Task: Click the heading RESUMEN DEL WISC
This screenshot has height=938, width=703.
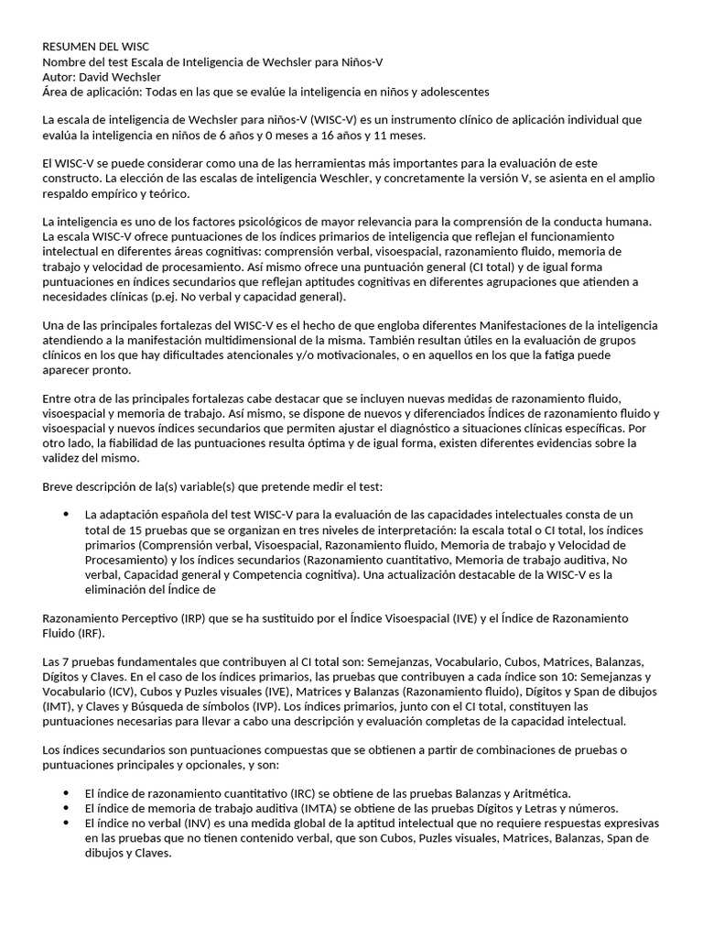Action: tap(96, 47)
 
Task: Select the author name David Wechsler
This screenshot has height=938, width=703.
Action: tap(120, 77)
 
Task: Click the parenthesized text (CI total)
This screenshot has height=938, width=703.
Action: tap(487, 266)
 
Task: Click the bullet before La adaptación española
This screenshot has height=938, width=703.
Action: tap(67, 514)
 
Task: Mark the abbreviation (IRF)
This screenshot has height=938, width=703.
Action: tap(92, 633)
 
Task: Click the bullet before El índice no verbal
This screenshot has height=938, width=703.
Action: tap(67, 823)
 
